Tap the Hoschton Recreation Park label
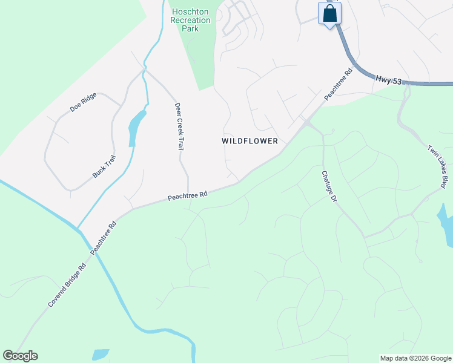click(x=191, y=20)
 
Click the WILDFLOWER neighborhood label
click(x=250, y=141)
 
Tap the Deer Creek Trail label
click(x=179, y=126)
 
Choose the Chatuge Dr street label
click(x=328, y=185)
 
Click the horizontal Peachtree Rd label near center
click(x=188, y=196)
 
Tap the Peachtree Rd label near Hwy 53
click(x=338, y=84)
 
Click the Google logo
click(x=20, y=356)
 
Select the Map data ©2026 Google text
click(x=415, y=358)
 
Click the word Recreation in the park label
click(x=191, y=20)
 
